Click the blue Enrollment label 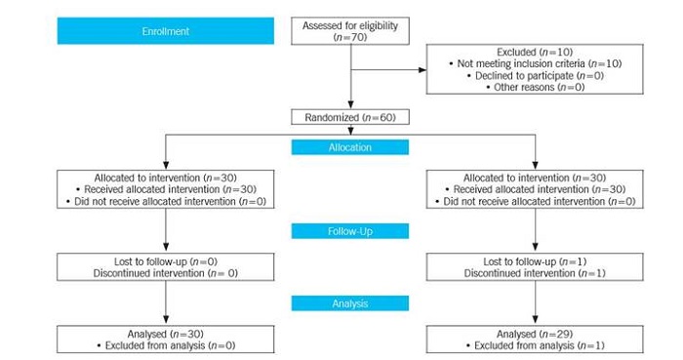click(166, 30)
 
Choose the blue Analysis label click(350, 303)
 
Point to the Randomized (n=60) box click(350, 117)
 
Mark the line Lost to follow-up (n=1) click(533, 261)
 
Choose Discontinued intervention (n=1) click(533, 273)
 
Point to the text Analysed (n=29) click(533, 334)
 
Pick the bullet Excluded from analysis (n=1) click(533, 345)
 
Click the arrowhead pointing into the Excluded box click(422, 69)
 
